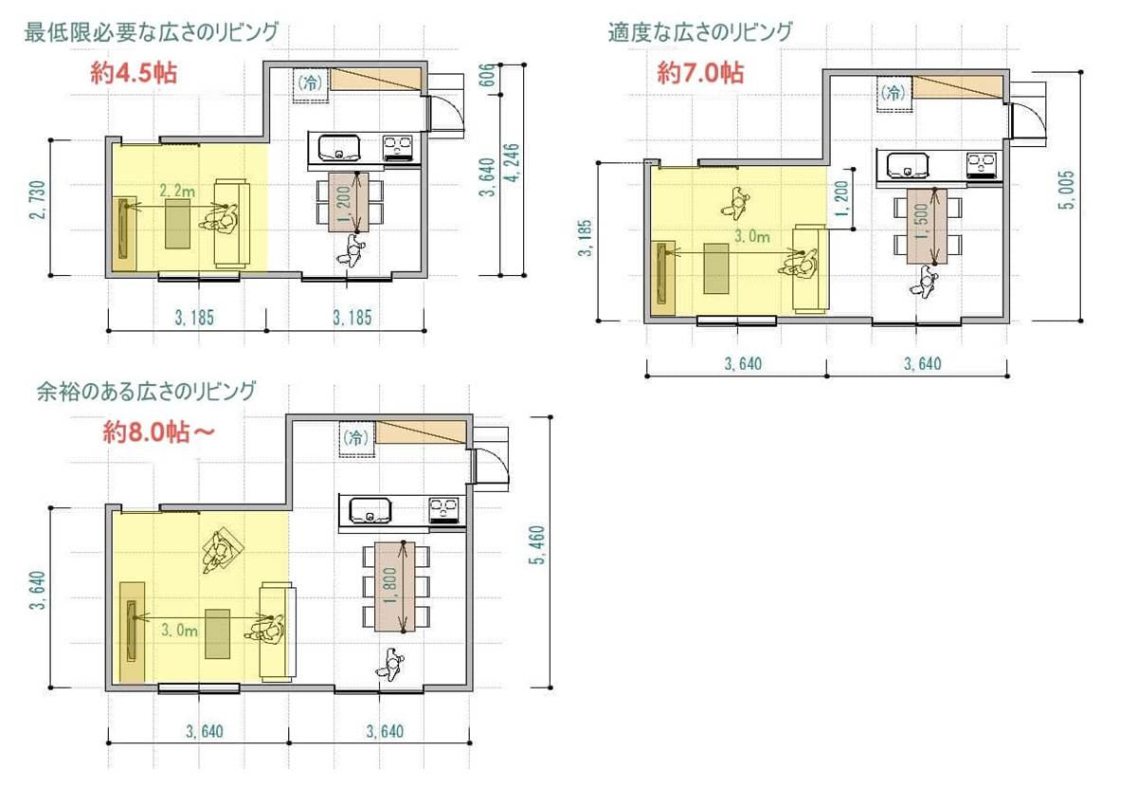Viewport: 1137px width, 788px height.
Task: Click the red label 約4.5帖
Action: coord(134,73)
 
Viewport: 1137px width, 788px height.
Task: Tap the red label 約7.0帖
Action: coord(700,73)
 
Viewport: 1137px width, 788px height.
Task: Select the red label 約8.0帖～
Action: coord(159,432)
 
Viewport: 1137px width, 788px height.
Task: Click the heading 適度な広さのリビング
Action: coord(700,32)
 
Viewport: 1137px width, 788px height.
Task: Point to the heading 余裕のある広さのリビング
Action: coord(146,392)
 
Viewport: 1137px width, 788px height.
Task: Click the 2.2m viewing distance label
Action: coord(177,191)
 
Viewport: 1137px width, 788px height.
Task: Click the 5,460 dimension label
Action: coord(537,544)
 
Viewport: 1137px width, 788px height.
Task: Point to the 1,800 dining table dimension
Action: coord(390,585)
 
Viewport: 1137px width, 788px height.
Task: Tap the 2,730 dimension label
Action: coord(38,200)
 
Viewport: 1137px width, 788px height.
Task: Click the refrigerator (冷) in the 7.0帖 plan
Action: coord(894,93)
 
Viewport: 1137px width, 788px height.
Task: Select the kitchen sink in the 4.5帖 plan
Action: coord(338,147)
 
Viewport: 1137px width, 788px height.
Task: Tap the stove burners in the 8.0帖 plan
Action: coord(443,509)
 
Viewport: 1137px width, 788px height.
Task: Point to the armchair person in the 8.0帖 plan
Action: coord(223,552)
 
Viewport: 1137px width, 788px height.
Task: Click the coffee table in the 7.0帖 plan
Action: coord(715,268)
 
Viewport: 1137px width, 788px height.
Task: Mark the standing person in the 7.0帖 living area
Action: coord(736,203)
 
